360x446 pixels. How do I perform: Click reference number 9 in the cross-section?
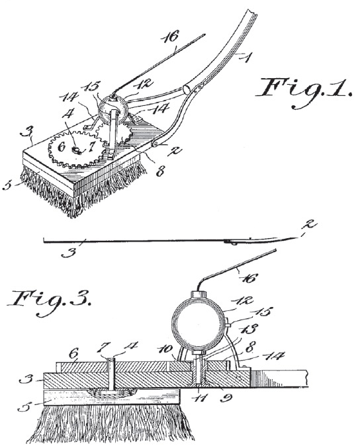pos(226,397)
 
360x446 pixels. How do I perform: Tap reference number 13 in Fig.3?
pos(247,330)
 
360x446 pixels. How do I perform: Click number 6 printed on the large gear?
pos(62,147)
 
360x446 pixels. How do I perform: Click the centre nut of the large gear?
pos(77,150)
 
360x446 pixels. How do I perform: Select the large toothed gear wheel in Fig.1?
pos(76,150)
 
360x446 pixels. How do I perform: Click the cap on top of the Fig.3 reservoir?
pos(199,294)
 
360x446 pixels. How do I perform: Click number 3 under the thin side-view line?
pos(69,253)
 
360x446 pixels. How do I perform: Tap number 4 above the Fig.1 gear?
pos(69,115)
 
